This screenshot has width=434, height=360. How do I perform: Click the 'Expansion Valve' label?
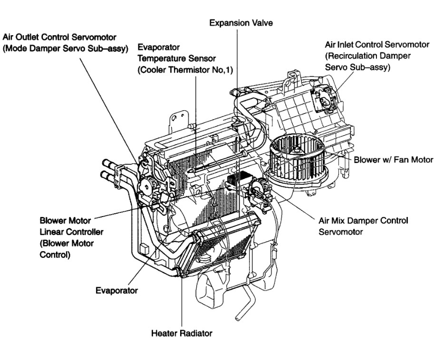pyautogui.click(x=241, y=23)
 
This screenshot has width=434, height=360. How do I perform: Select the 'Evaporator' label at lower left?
pyautogui.click(x=116, y=290)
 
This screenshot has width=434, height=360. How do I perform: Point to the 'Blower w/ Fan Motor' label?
pyautogui.click(x=394, y=160)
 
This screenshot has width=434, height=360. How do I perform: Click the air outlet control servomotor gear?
pyautogui.click(x=149, y=183)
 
